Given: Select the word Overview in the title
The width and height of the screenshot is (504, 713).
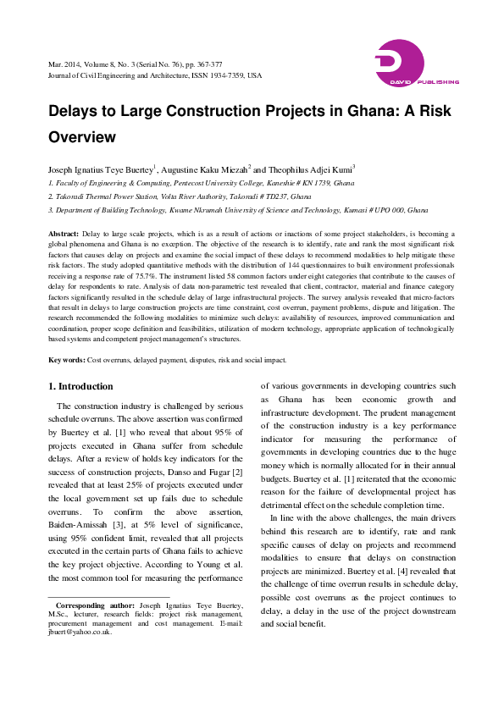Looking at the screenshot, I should tap(81, 135).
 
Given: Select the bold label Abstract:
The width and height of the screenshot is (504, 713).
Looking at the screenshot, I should tap(64, 233).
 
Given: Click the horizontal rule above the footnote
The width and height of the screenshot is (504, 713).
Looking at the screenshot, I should tap(97, 596).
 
